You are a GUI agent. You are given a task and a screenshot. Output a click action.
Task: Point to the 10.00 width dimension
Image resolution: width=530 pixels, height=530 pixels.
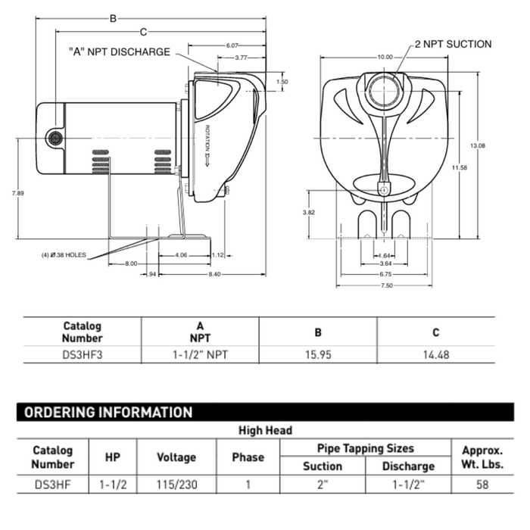385,57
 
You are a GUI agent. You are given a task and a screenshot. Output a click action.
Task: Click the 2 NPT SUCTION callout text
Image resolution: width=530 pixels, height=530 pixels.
453,45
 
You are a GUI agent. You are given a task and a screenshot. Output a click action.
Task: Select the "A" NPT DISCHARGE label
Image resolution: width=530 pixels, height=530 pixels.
120,51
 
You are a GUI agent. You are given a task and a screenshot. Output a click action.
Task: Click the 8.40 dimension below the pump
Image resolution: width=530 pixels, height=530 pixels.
215,273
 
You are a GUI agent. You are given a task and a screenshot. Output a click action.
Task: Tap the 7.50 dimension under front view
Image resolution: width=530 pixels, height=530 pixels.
385,285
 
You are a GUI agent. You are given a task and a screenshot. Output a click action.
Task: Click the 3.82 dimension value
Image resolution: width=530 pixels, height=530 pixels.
308,213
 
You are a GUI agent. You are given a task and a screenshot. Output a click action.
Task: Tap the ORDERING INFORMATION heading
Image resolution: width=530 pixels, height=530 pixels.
108,413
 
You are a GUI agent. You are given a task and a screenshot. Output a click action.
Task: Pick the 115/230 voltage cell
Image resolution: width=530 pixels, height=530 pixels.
176,485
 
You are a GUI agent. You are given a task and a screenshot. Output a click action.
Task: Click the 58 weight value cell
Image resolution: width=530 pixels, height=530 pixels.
482,485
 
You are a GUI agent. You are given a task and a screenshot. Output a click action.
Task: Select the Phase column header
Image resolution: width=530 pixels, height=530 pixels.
248,457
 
